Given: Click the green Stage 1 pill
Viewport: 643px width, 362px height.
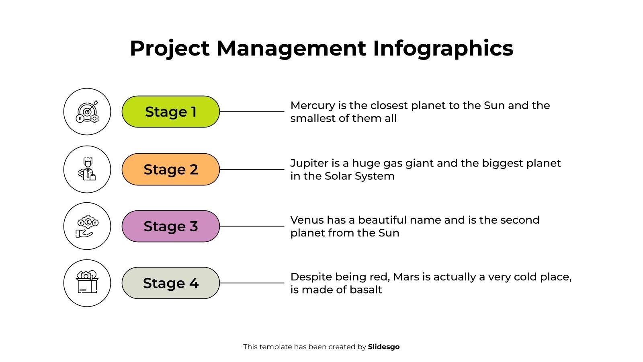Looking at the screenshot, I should (170, 112).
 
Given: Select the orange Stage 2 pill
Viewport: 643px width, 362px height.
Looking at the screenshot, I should (170, 169).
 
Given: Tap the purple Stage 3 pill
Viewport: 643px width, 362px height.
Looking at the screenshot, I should (170, 226).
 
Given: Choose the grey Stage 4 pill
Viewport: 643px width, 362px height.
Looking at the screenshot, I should (170, 283).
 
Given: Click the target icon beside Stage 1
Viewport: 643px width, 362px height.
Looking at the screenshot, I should (87, 112).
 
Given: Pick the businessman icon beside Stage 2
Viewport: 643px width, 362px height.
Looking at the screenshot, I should (87, 169).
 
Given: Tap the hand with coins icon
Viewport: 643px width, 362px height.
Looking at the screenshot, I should (87, 226).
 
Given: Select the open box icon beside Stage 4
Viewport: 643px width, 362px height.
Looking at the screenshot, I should (87, 283).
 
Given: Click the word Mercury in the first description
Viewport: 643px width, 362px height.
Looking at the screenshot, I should (312, 106).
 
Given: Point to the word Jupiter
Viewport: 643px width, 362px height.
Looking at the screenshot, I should (309, 163).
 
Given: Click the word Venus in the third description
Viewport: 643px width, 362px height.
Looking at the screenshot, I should (307, 220).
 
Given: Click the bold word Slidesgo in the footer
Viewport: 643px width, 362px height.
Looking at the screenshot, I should (384, 347).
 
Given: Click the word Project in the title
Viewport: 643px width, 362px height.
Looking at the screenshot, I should (170, 49).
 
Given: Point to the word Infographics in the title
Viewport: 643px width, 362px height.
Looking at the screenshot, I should (443, 49).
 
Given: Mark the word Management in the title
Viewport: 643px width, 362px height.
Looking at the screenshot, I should (291, 49).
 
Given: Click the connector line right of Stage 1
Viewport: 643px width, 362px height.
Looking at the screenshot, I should (252, 112).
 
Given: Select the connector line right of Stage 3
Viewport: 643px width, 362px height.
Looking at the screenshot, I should (252, 226).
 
